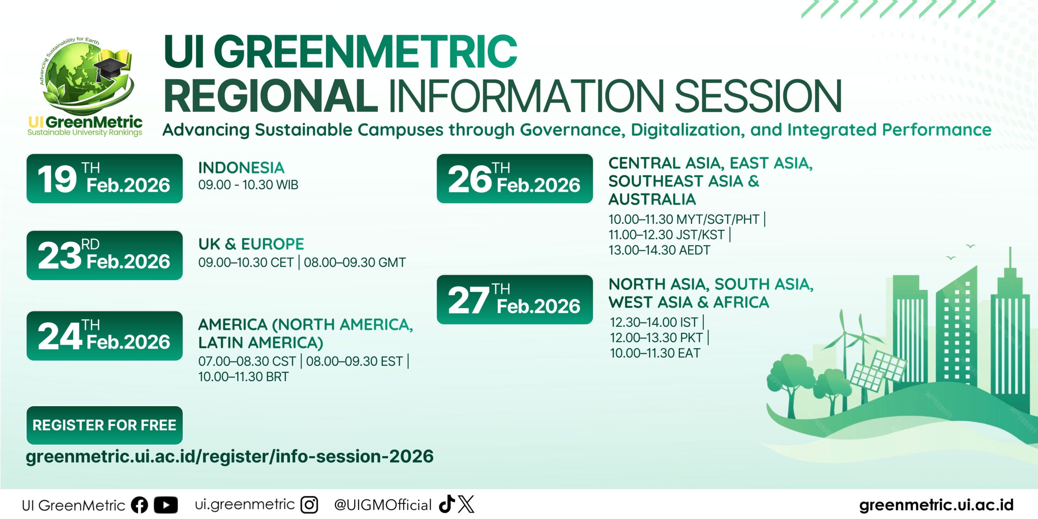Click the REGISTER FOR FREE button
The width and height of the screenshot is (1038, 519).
tap(105, 425)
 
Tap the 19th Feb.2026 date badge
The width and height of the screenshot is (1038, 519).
tap(105, 178)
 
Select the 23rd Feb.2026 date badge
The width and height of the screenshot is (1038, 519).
tap(105, 255)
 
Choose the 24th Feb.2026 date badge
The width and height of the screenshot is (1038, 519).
tap(105, 336)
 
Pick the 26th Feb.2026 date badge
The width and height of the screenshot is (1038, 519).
tap(515, 178)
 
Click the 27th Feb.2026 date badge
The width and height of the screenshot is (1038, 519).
tap(515, 300)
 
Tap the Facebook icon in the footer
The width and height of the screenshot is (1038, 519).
tap(139, 505)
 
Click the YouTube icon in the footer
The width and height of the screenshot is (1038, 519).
tap(166, 505)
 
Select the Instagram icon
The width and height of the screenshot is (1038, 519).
tap(309, 505)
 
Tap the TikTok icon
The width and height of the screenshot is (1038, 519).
tap(447, 504)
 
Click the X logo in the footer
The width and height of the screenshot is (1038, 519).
tap(466, 504)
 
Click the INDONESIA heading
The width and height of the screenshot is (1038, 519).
tap(241, 168)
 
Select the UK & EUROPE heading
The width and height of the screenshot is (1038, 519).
tap(251, 244)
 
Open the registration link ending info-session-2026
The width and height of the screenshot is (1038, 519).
tap(229, 457)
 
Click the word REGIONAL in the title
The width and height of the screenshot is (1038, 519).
tap(270, 96)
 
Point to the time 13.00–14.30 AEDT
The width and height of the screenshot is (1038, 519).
tap(659, 250)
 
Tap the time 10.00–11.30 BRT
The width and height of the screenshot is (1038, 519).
tap(243, 377)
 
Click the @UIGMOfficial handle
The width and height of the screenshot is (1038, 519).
tap(383, 505)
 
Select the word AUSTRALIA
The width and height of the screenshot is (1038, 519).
tap(652, 199)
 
